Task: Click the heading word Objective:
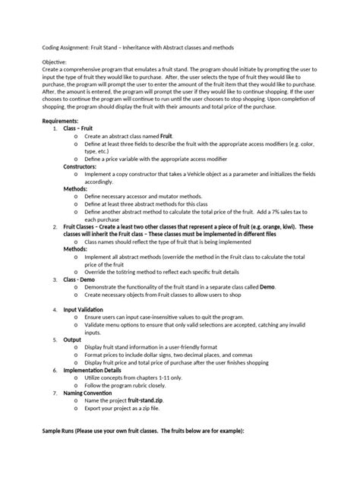55,61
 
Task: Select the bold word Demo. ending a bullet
267,287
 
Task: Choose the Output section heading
73,340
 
